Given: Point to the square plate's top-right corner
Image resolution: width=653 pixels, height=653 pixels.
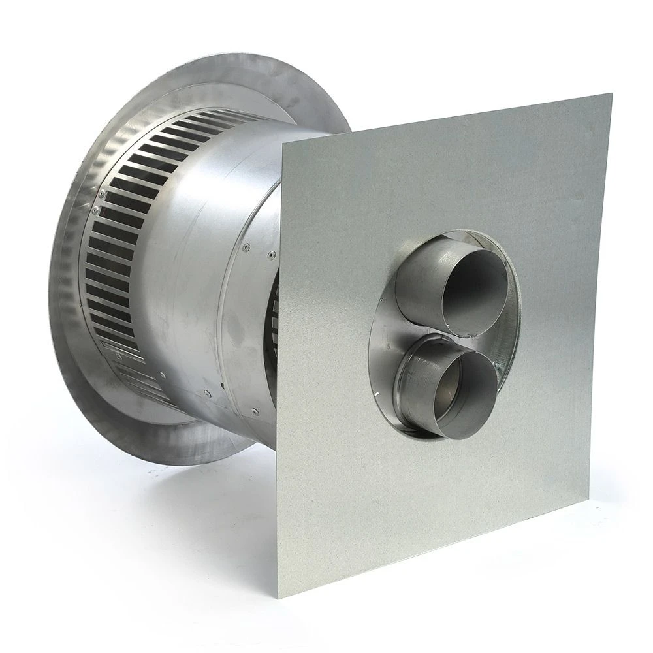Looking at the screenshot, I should [611, 94].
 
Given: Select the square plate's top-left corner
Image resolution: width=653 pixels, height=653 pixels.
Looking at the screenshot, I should [281, 143].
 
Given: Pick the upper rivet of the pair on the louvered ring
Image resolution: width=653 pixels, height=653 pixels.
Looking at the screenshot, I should [102, 194].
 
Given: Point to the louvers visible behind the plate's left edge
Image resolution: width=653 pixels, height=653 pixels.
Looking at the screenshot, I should [274, 313].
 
